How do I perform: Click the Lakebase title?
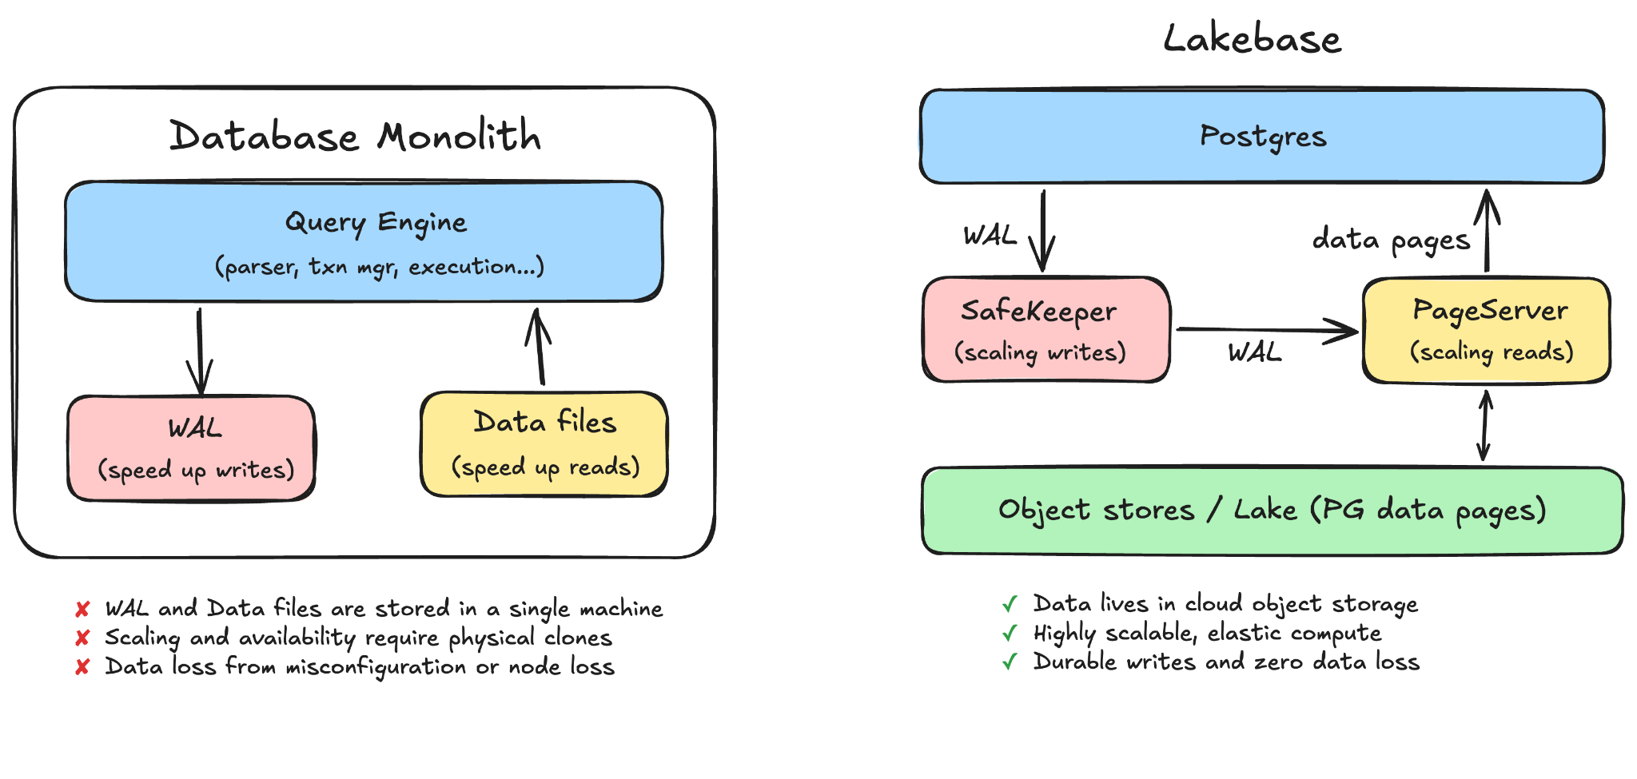coord(1252,38)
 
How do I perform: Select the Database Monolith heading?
coord(355,135)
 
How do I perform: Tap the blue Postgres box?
coord(1262,137)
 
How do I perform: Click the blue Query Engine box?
coord(364,241)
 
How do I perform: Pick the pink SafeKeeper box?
coord(1046,330)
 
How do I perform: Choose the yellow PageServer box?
coord(1487,331)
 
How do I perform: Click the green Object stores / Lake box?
coord(1273,511)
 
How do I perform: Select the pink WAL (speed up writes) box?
coord(192,448)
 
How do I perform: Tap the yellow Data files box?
coord(544,444)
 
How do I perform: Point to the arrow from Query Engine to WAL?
coord(199,352)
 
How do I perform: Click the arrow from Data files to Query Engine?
coord(540,347)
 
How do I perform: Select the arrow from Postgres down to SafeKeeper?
coord(1043,231)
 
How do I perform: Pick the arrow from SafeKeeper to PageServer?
coord(1267,329)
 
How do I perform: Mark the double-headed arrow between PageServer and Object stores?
coord(1484,425)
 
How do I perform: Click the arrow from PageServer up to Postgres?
coord(1487,230)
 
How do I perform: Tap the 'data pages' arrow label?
coord(1392,240)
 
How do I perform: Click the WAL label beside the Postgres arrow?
coord(990,236)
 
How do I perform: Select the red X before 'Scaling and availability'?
coord(82,638)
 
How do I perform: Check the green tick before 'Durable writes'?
coord(1010,662)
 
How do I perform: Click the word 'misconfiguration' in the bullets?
coord(376,667)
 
